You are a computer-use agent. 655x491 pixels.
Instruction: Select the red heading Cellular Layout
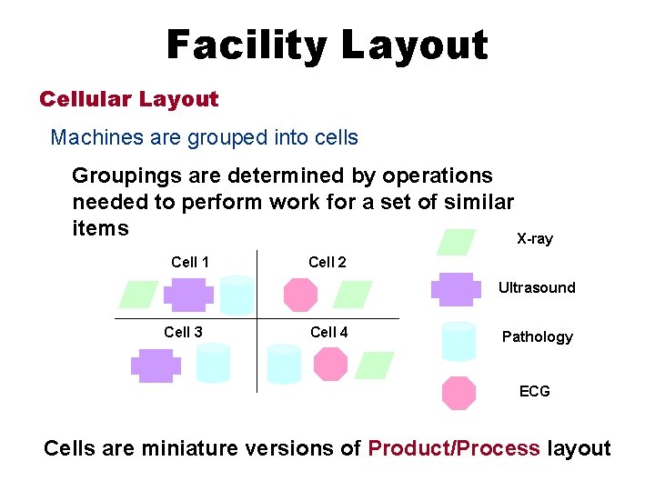tap(129, 99)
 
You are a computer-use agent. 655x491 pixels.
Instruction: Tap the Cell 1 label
tap(190, 262)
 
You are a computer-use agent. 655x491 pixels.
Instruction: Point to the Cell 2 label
tap(327, 262)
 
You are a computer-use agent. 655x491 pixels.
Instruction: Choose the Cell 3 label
tap(183, 332)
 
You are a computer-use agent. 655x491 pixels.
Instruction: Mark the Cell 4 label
tap(328, 332)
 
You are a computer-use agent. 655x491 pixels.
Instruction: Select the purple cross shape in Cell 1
tap(188, 295)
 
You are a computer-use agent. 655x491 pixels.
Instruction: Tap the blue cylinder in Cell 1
tap(237, 294)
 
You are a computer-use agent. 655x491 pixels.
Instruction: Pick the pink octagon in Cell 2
tap(300, 295)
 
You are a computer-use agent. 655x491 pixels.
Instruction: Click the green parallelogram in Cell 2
tap(353, 295)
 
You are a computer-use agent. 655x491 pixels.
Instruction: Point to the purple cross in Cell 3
tap(156, 365)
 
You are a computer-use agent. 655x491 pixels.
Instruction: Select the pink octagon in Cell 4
tap(330, 364)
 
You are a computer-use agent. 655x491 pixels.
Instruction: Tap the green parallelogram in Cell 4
tap(374, 365)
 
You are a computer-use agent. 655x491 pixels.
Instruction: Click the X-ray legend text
tap(534, 239)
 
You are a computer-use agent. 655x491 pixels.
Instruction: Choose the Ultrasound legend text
tap(536, 287)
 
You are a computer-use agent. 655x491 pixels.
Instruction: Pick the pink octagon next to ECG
tap(458, 393)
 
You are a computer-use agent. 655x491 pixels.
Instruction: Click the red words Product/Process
tap(453, 448)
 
